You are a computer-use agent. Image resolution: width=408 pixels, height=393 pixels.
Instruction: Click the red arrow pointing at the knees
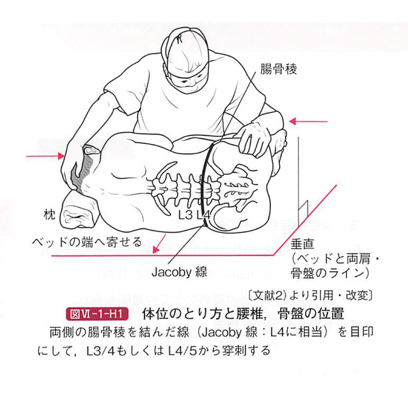[309, 121]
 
